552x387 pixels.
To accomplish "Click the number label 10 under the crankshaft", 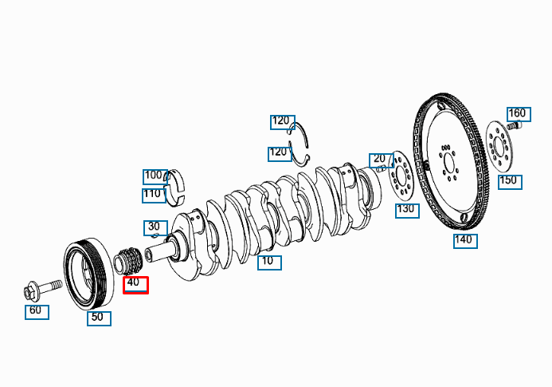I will tap(269, 262).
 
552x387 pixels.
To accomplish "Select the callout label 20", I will tap(379, 159).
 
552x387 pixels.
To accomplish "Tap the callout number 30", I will tap(154, 227).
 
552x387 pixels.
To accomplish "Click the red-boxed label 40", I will tap(135, 283).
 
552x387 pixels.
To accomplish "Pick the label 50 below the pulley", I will tap(98, 318).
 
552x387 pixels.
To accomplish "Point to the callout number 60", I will tap(37, 310).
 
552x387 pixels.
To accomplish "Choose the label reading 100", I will tap(154, 176).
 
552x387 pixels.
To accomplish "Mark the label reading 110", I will tap(153, 193).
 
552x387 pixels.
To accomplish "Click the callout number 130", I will tap(406, 210).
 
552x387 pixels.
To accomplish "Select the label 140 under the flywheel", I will tap(465, 240).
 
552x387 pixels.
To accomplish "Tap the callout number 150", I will tap(509, 181).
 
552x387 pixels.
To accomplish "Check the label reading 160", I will tap(517, 113).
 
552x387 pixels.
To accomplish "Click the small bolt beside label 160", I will tap(514, 124).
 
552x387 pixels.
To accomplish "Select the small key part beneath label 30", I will tap(155, 237).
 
